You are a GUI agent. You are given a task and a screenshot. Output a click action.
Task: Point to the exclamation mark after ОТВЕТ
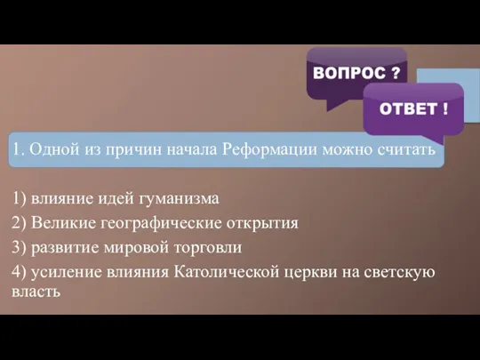[x=444, y=109]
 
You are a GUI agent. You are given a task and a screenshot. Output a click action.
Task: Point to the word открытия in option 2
[x=260, y=221]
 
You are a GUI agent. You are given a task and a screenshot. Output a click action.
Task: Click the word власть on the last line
[x=36, y=290]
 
